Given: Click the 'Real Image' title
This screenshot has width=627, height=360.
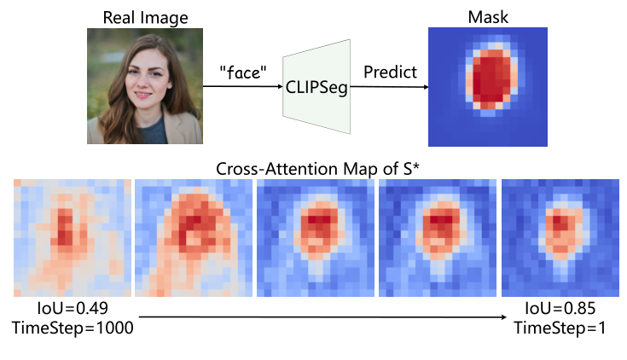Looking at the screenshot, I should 144,16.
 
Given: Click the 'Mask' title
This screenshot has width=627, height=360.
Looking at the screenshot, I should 486,16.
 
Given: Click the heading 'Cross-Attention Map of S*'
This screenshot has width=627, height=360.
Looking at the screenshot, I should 312,167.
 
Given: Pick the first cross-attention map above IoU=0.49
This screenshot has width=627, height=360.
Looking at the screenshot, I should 72,236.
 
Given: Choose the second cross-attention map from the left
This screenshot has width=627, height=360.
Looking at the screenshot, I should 193,236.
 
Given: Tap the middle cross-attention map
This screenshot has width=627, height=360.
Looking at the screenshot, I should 314,236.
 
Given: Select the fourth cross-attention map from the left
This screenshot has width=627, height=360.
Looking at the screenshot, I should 435,236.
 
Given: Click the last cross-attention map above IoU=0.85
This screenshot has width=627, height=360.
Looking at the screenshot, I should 556,236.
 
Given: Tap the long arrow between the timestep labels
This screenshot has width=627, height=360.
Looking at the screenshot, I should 324,317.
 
